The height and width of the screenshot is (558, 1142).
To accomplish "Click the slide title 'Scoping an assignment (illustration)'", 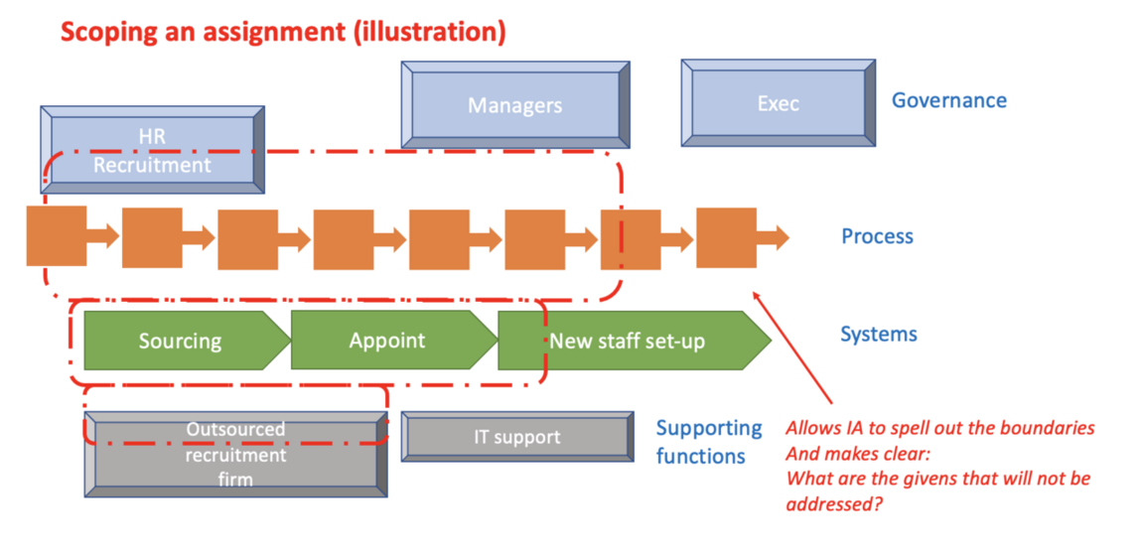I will coord(283,32).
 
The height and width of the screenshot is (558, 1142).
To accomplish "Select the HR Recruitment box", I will coord(152,149).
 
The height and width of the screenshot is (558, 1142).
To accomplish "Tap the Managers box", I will coord(514,105).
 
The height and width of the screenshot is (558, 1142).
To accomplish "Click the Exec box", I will coord(778,103).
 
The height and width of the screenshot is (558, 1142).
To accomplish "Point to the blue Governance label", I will coord(948,100).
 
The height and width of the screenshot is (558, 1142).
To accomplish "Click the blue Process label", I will coord(877,236).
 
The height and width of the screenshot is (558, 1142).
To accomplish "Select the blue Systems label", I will coord(878,335).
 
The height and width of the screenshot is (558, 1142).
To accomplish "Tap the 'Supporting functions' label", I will coord(708,442).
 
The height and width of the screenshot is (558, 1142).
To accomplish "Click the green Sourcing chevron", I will coord(181,341).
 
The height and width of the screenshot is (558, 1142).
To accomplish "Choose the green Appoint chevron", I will coord(387,340).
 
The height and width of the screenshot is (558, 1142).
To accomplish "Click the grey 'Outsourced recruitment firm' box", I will coord(235,455).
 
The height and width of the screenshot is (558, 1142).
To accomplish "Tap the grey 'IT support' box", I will coord(516,437).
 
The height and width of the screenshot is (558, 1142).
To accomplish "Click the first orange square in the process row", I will coord(56,236).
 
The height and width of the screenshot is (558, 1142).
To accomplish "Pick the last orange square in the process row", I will coord(726,237).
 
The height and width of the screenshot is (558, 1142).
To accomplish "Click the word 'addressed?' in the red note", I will coord(832,503).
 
